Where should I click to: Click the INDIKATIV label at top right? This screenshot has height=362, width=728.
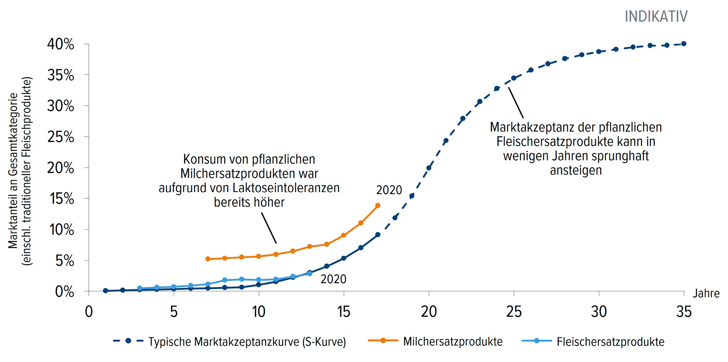pos(655,17)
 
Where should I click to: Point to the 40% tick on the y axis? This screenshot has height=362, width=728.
pos(61,44)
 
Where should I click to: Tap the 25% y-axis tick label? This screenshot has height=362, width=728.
pos(61,137)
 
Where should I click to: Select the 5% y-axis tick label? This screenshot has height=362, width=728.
pos(64,261)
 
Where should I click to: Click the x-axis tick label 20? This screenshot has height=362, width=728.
pos(429,312)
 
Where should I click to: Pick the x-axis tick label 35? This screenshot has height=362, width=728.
pos(684,312)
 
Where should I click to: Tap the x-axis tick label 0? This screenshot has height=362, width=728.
pos(89,312)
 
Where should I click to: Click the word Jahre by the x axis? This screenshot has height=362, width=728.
pos(706,293)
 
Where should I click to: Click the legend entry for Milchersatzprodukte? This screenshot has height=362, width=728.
pos(452,342)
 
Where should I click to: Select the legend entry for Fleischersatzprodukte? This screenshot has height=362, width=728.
pos(610,342)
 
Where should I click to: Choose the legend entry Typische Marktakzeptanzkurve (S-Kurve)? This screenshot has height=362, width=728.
pos(247,342)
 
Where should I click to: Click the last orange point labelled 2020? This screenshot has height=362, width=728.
pos(377,206)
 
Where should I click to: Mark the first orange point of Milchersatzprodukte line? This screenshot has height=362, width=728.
pos(208,259)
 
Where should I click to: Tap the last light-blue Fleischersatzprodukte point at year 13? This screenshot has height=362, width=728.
pos(310,274)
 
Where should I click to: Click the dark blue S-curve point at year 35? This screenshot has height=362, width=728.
pos(684,44)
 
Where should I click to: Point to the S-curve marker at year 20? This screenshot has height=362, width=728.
pos(429,168)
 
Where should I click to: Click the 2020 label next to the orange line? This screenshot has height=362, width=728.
pos(389,190)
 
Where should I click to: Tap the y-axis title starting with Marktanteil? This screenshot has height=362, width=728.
pos(13,170)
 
